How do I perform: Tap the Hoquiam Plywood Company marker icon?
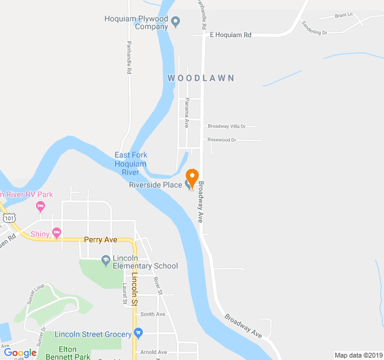click(176, 23)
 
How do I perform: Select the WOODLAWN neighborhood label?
click(200, 78)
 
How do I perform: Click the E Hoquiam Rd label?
click(230, 35)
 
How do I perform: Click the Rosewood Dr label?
click(222, 140)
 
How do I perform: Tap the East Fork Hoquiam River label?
click(130, 164)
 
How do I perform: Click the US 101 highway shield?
click(8, 217)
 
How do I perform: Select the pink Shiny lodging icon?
click(57, 232)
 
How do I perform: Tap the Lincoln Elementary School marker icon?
click(106, 260)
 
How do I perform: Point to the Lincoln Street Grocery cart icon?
click(139, 333)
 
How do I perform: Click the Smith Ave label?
click(152, 314)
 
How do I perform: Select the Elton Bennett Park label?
click(74, 353)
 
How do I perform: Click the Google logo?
click(20, 353)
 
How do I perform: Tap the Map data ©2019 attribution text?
click(358, 355)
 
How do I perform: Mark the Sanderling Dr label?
click(314, 28)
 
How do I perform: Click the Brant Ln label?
click(344, 16)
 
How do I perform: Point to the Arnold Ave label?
click(153, 352)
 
